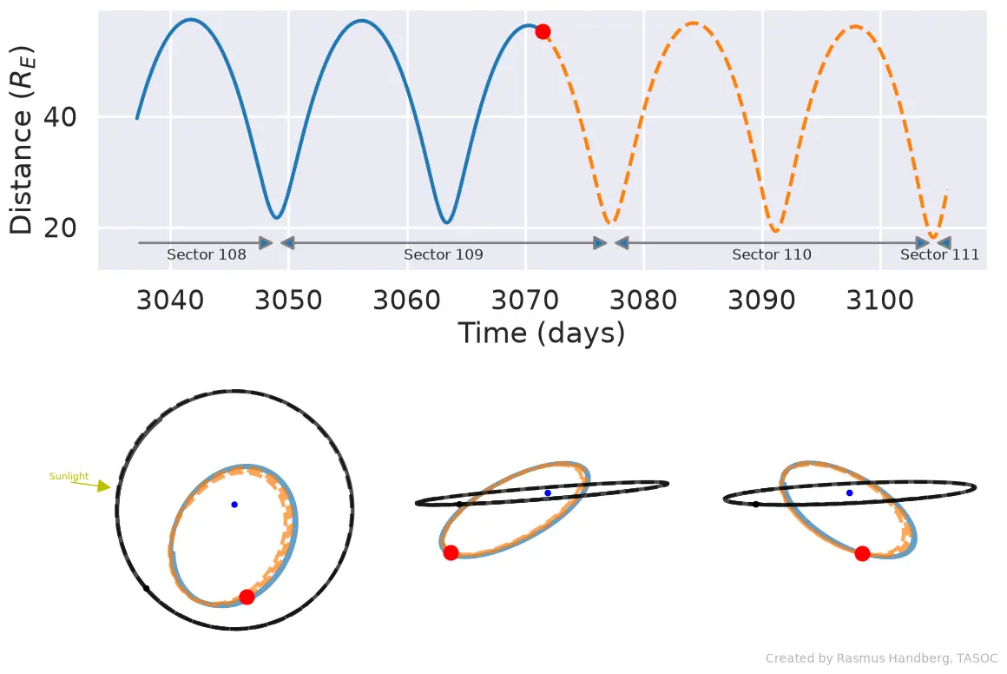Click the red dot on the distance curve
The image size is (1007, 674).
click(x=543, y=31)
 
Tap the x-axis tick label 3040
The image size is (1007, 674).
click(x=170, y=300)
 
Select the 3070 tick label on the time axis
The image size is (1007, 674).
click(x=525, y=300)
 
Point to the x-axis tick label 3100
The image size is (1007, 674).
click(x=880, y=300)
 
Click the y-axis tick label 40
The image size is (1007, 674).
click(x=60, y=117)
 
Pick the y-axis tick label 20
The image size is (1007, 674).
click(x=60, y=228)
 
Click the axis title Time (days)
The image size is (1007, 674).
click(x=542, y=334)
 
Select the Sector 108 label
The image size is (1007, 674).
click(x=206, y=254)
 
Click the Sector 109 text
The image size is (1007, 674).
click(x=443, y=254)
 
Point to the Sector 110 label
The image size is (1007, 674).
click(x=771, y=254)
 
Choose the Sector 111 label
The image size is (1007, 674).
click(x=939, y=254)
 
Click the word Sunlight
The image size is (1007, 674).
click(x=69, y=476)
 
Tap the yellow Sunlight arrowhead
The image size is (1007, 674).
click(x=104, y=486)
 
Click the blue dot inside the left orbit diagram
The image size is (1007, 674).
click(x=234, y=505)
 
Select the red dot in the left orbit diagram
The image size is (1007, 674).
click(x=247, y=597)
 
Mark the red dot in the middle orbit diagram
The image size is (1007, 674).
click(x=451, y=552)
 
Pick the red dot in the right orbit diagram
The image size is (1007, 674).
click(x=863, y=553)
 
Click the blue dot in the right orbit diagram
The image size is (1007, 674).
click(x=850, y=492)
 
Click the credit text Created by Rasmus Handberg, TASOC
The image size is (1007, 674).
click(x=881, y=658)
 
